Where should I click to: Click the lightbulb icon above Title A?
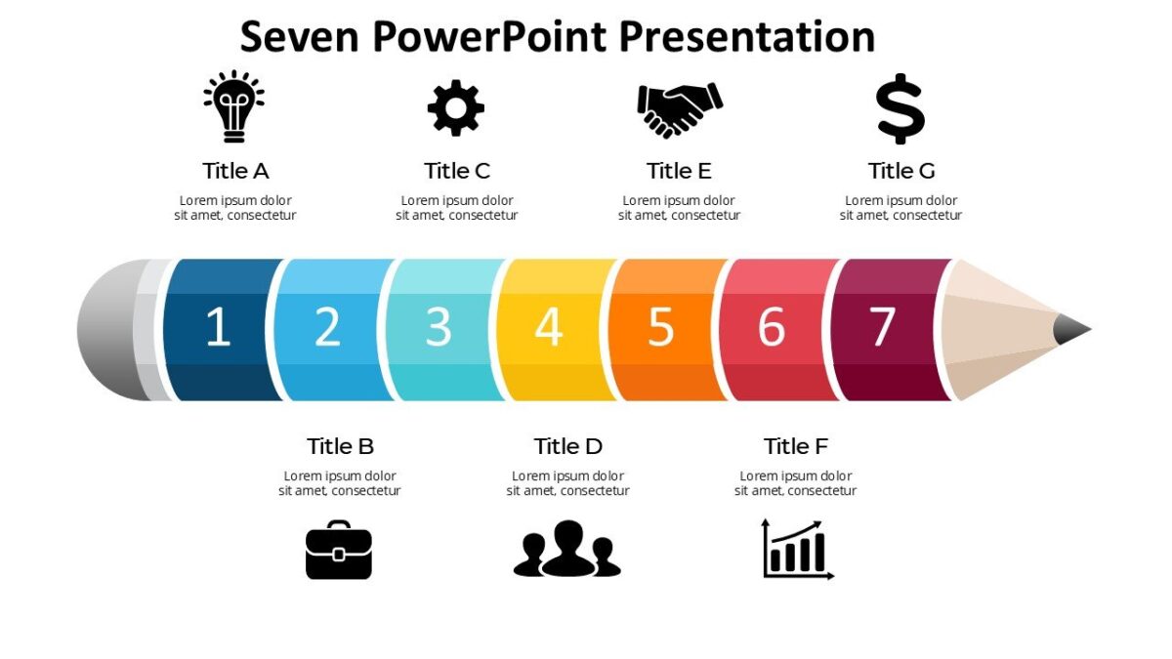234,106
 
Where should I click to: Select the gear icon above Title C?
456,107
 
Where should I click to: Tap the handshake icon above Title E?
679,108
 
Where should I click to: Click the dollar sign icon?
900,108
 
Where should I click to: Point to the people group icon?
567,550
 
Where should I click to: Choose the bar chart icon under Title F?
797,550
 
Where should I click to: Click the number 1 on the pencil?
218,328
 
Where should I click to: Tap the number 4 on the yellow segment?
549,328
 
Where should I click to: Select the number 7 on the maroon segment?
882,328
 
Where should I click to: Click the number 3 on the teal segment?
439,328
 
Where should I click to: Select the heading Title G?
901,171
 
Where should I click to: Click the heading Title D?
567,446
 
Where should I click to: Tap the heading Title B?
340,446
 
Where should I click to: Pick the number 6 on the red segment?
772,328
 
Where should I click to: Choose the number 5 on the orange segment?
661,328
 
